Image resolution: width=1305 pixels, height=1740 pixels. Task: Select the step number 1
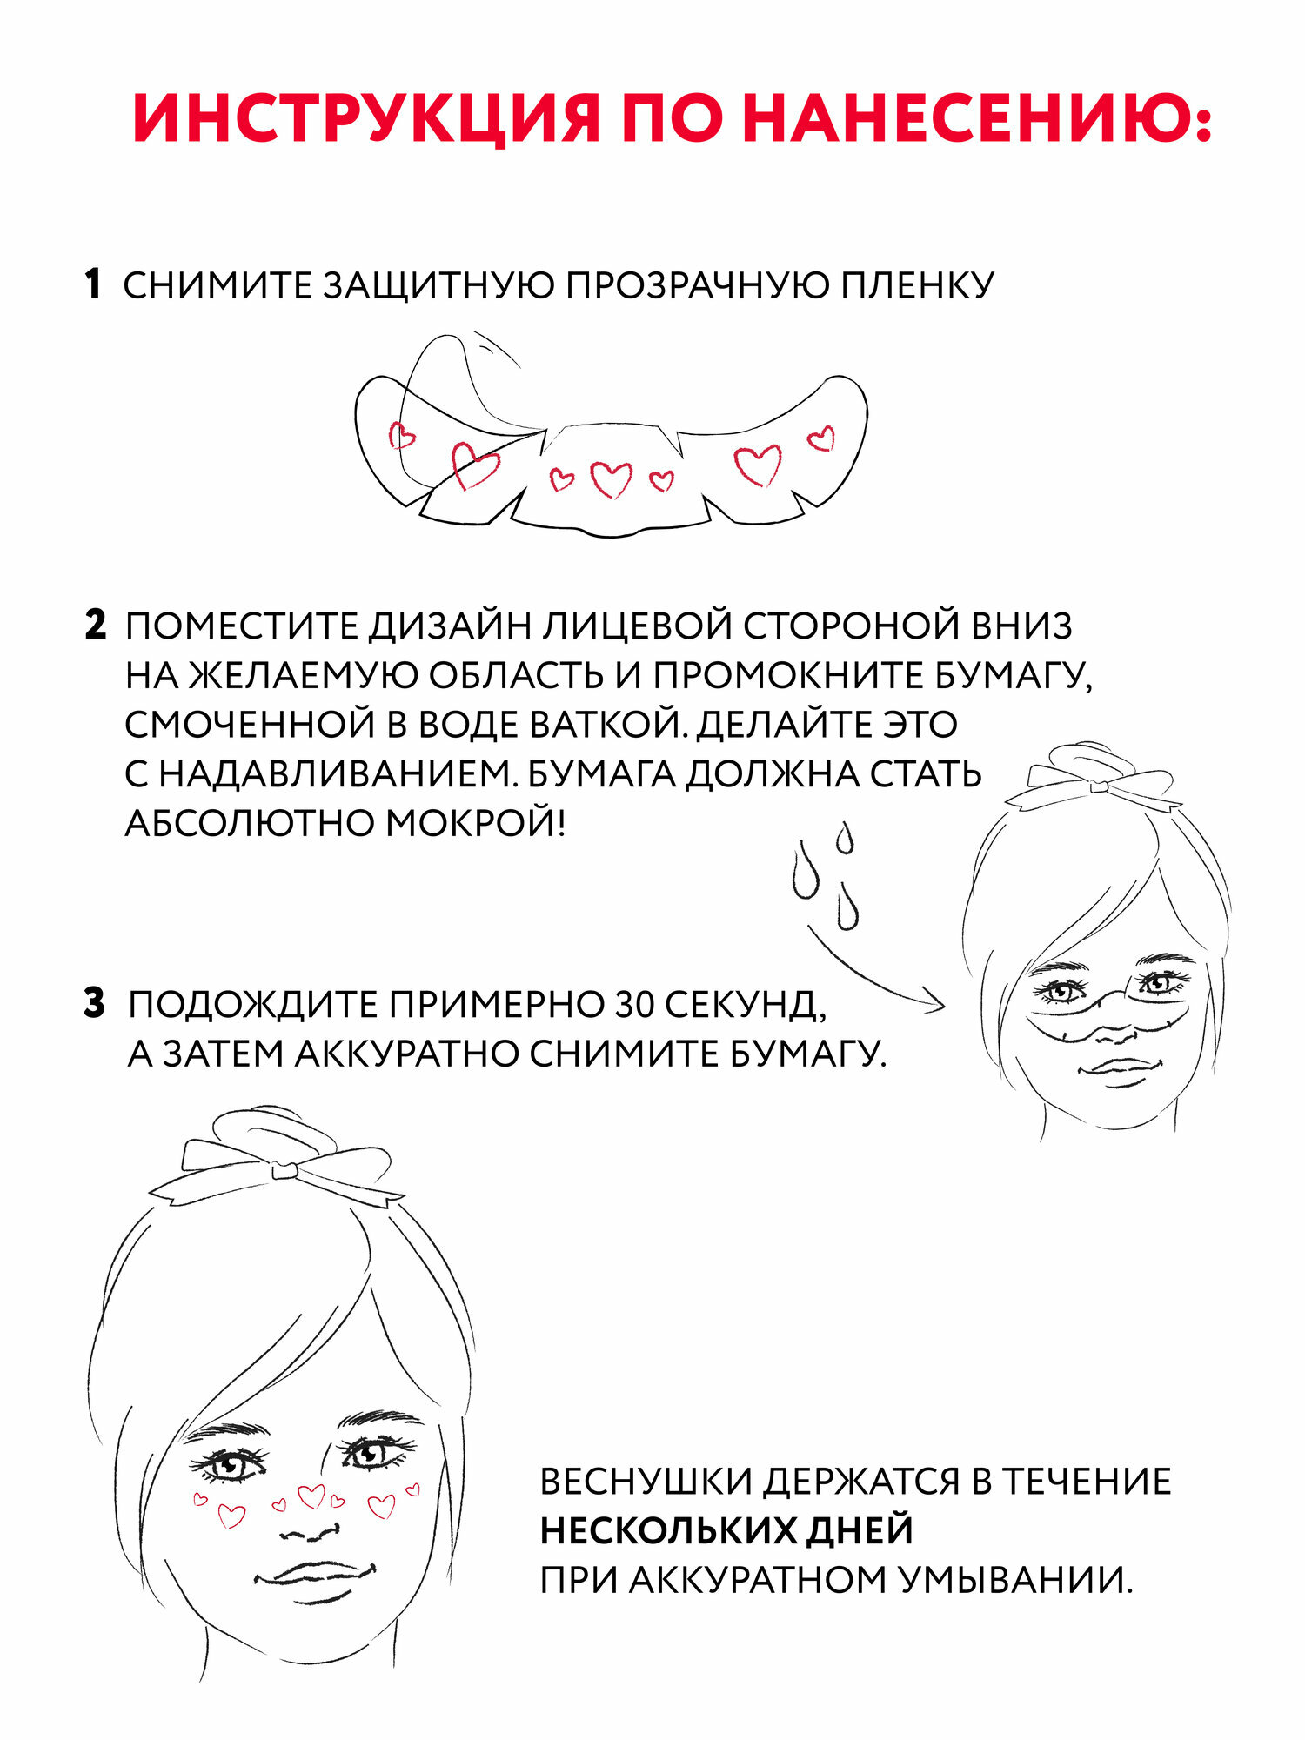pos(93,285)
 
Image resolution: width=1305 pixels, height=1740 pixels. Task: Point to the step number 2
pos(95,626)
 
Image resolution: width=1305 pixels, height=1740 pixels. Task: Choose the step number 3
pos(94,1003)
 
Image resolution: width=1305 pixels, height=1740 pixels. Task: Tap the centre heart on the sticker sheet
pos(611,478)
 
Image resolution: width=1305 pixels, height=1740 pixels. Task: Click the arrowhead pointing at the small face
pos(938,1005)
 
